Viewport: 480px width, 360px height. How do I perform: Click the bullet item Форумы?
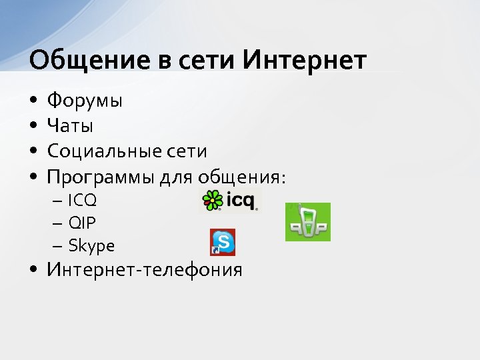(84, 101)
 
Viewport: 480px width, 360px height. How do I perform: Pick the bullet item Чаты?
(70, 126)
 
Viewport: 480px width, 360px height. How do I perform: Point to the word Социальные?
(101, 151)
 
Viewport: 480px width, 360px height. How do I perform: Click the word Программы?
(101, 177)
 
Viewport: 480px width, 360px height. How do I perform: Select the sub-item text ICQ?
(81, 200)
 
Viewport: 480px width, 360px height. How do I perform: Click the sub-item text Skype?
(91, 246)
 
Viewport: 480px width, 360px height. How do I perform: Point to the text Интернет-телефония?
(144, 270)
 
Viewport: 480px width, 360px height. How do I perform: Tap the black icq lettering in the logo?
(241, 199)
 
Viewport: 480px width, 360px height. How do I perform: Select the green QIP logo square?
(307, 222)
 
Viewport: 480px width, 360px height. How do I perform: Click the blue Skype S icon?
(223, 242)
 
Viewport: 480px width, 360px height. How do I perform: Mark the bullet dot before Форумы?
(33, 102)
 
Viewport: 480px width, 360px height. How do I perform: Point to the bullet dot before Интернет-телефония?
(33, 270)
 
